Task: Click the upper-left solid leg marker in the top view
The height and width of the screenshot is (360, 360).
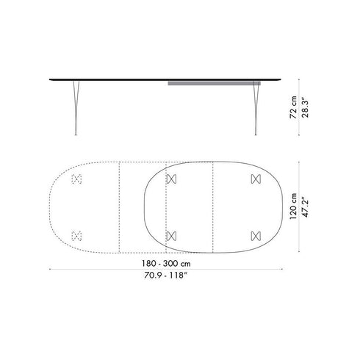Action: pos(171,179)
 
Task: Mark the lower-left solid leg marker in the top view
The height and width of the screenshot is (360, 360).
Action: pos(171,235)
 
